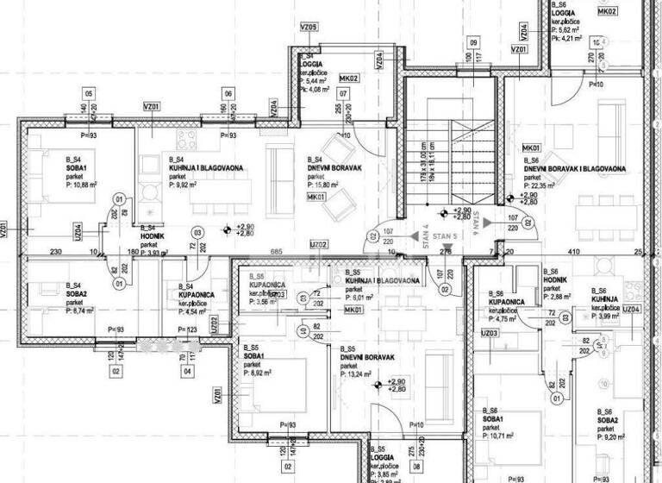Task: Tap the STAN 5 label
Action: (x=445, y=235)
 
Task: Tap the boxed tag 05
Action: (x=87, y=93)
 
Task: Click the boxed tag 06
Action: (x=228, y=93)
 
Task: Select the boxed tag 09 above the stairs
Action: (x=473, y=41)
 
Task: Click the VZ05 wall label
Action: (x=309, y=28)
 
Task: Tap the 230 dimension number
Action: (x=54, y=252)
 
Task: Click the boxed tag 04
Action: (x=187, y=373)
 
